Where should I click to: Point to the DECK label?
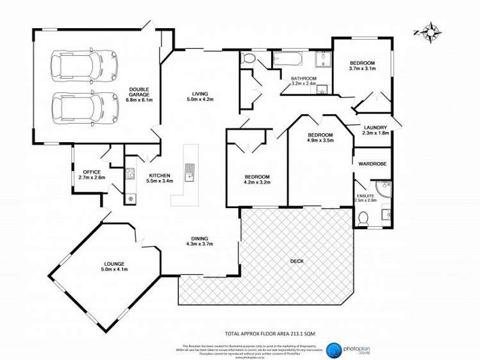296,261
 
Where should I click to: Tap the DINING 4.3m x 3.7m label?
199,241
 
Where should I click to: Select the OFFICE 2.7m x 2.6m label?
91,174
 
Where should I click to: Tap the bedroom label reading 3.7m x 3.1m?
361,66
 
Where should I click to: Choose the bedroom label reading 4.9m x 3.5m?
320,138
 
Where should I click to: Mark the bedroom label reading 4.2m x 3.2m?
257,179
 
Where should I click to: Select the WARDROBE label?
372,164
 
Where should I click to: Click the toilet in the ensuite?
363,218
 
